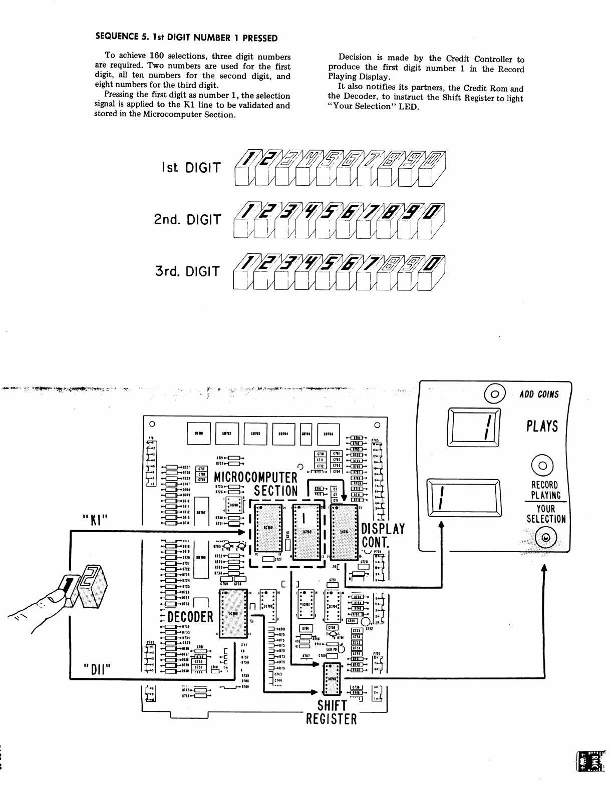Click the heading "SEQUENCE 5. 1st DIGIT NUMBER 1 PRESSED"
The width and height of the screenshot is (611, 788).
(186, 38)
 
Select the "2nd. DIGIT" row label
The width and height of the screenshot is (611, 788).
(187, 219)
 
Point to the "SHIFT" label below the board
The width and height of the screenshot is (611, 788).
(332, 705)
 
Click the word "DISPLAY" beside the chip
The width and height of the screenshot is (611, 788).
(383, 529)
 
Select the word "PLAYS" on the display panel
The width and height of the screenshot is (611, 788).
(542, 426)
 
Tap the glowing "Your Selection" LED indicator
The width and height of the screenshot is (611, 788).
(545, 539)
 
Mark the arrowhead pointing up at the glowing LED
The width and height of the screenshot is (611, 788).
(545, 569)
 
